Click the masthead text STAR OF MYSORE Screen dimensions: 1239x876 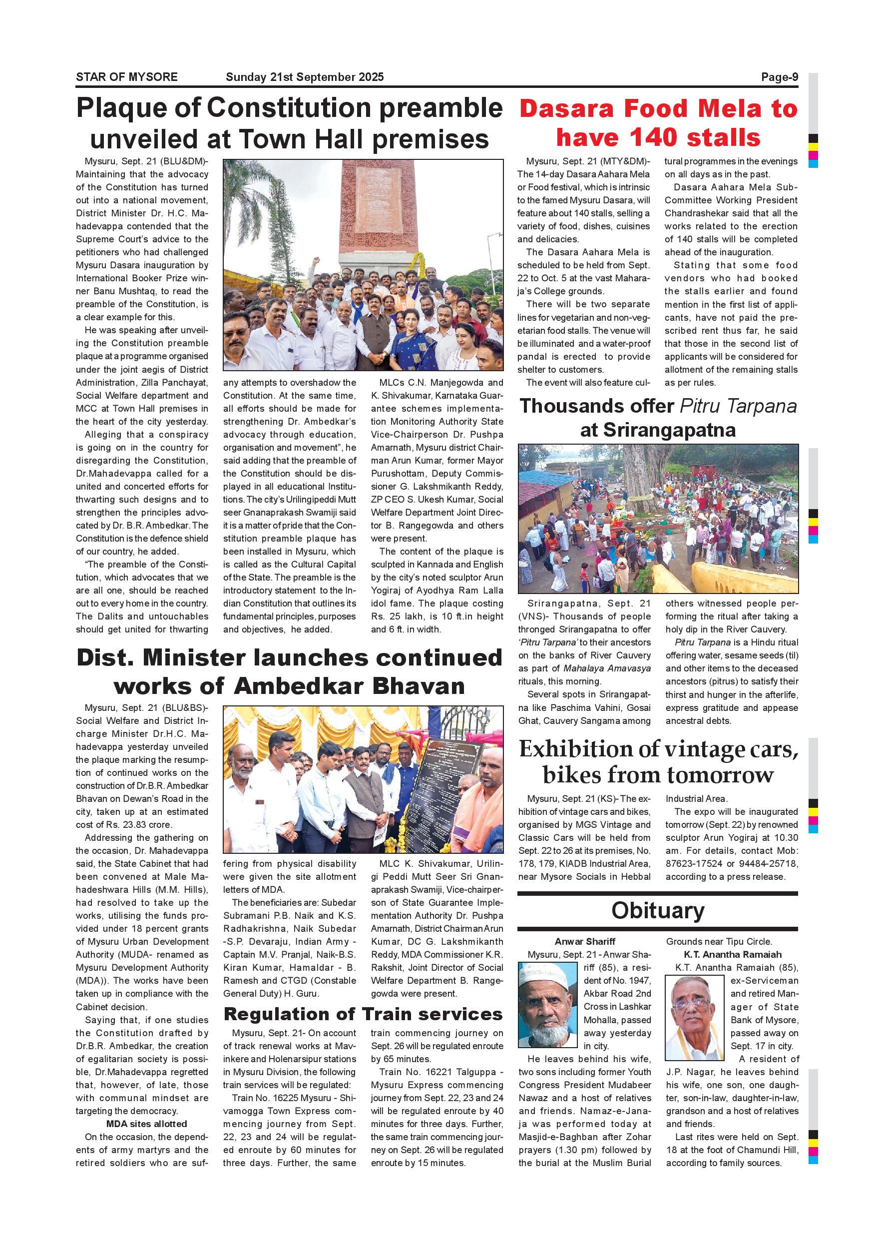coord(127,77)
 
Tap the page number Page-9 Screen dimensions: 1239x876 coord(780,77)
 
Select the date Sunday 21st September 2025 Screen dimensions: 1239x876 coord(305,77)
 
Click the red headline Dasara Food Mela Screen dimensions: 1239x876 coord(658,109)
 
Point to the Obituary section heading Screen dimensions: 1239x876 coord(658,911)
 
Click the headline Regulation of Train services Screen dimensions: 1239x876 coord(363,1014)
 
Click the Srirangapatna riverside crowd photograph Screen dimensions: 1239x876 coord(658,519)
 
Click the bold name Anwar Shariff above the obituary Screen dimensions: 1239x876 coord(585,942)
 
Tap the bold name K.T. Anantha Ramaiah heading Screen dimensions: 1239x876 coord(733,955)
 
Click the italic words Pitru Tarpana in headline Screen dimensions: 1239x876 coord(739,406)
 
